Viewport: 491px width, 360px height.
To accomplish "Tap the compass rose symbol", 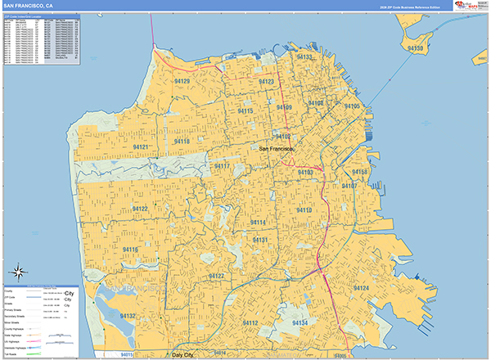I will click(x=18, y=272).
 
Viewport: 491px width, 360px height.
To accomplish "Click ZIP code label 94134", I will click(x=299, y=323).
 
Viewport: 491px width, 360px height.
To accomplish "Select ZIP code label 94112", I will click(x=250, y=324).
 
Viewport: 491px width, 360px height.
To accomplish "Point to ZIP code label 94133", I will click(x=305, y=57).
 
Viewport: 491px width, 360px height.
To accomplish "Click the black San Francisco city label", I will click(x=304, y=149).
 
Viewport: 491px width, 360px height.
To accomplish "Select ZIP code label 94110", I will click(x=304, y=210).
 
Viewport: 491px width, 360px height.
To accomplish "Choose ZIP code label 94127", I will click(x=218, y=277).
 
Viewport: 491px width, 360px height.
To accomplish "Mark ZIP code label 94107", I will click(x=349, y=186).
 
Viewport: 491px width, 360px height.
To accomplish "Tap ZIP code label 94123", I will click(x=267, y=83).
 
